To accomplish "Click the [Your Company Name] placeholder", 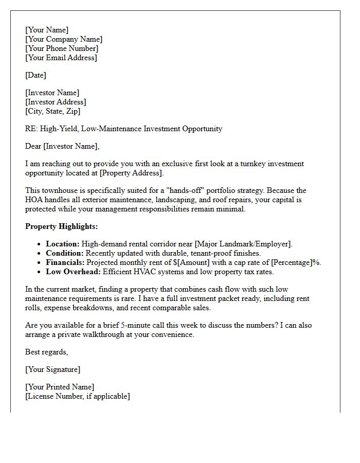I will tap(64, 39).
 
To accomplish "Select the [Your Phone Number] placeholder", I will tap(62, 48).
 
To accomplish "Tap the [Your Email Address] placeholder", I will tap(61, 58).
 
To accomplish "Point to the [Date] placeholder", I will tap(35, 75).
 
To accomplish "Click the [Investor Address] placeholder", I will tap(56, 102).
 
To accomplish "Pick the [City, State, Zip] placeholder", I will tap(52, 111).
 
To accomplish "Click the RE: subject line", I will tap(123, 129).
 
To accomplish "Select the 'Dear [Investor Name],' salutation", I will tap(62, 146).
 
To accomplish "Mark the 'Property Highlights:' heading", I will tap(61, 226).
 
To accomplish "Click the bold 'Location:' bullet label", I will tap(63, 244).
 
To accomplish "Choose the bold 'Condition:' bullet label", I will tap(65, 253).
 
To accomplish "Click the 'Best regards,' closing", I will tap(46, 352).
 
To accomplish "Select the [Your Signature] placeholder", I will tap(52, 369).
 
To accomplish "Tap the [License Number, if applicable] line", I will tap(78, 396).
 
